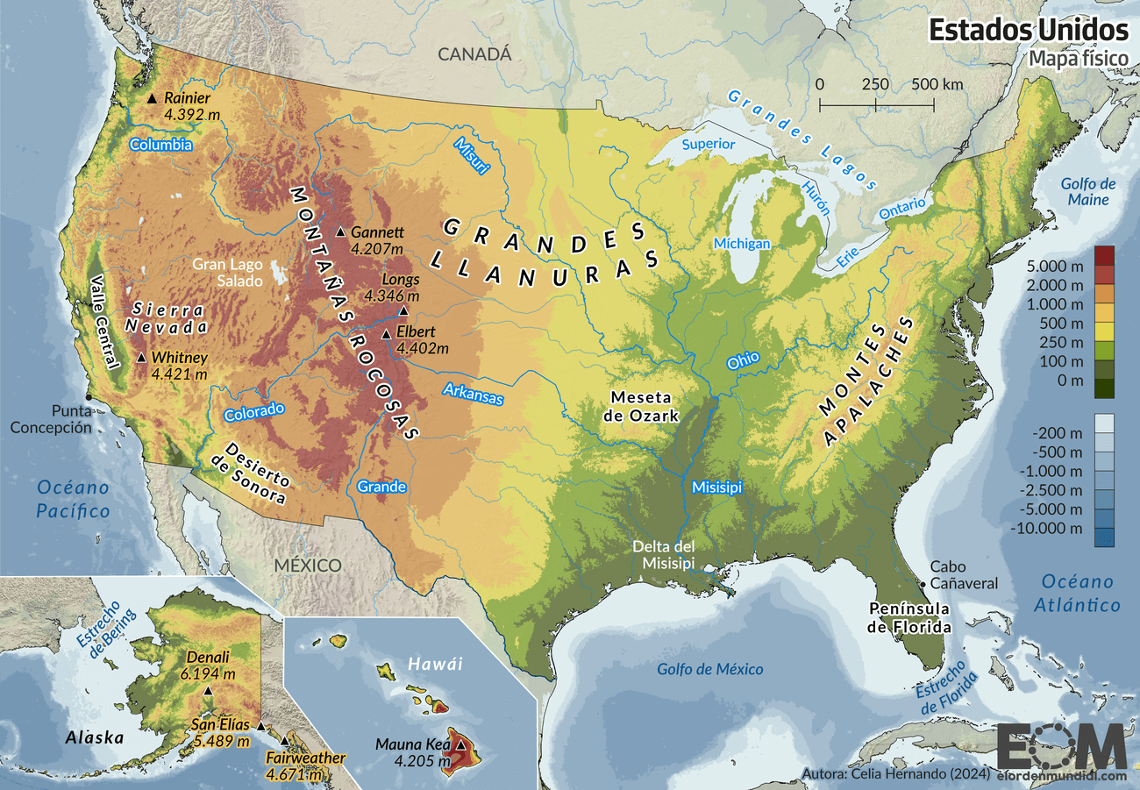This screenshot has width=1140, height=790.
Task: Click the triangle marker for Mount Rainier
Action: (x=152, y=98)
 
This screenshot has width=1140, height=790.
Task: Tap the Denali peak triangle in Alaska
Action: (x=209, y=692)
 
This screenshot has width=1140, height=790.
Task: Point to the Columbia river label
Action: (x=160, y=145)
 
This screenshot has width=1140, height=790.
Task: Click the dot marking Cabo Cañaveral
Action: (x=923, y=583)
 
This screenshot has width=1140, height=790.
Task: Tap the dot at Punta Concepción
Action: (x=88, y=398)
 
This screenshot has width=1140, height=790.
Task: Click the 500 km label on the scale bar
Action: (x=937, y=85)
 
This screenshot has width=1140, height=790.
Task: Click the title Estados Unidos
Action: (x=1028, y=29)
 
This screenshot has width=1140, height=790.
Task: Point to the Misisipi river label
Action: (x=716, y=487)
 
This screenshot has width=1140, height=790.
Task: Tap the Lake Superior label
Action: (x=709, y=144)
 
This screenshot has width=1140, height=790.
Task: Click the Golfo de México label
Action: (x=710, y=669)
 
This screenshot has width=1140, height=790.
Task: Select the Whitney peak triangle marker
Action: (x=142, y=358)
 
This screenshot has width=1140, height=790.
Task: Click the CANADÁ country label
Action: (x=474, y=54)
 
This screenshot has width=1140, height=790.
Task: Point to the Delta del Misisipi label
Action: (x=665, y=554)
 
